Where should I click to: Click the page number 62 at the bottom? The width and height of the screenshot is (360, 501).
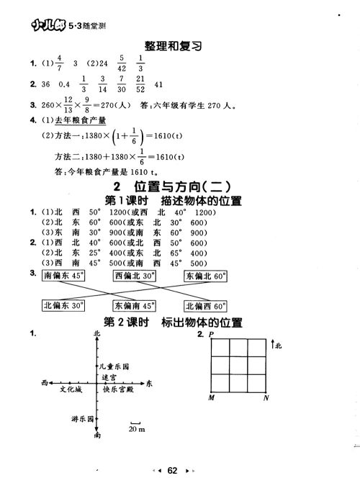tap(171, 471)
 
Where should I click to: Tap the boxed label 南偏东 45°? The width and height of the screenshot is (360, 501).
tap(63, 276)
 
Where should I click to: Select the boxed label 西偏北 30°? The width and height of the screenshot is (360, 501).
tap(135, 276)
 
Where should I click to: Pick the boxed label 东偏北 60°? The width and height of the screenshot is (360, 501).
tap(206, 276)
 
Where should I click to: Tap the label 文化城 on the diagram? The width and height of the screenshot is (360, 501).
tap(71, 389)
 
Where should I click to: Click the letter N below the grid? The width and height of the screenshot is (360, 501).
tap(266, 398)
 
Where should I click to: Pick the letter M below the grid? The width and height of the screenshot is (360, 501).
tap(211, 398)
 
